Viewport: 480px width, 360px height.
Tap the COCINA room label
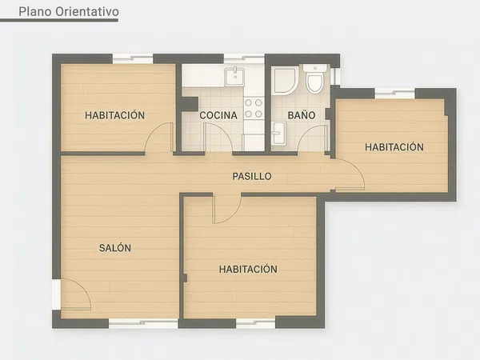218,115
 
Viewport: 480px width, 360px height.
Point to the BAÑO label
302,115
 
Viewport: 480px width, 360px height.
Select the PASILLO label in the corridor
252,176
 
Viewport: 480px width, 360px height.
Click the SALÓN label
115,248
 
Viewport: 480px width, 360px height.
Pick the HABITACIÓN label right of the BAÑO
394,147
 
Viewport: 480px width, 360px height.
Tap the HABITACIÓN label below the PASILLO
248,270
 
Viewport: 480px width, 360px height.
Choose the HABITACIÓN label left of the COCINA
115,115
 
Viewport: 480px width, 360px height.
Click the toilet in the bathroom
315,79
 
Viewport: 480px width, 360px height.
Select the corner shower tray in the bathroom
283,80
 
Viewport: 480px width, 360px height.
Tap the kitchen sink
234,75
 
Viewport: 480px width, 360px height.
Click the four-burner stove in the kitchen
254,108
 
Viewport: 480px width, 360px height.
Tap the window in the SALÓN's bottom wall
142,322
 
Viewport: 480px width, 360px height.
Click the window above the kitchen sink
243,58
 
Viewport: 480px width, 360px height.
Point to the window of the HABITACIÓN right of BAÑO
394,94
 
